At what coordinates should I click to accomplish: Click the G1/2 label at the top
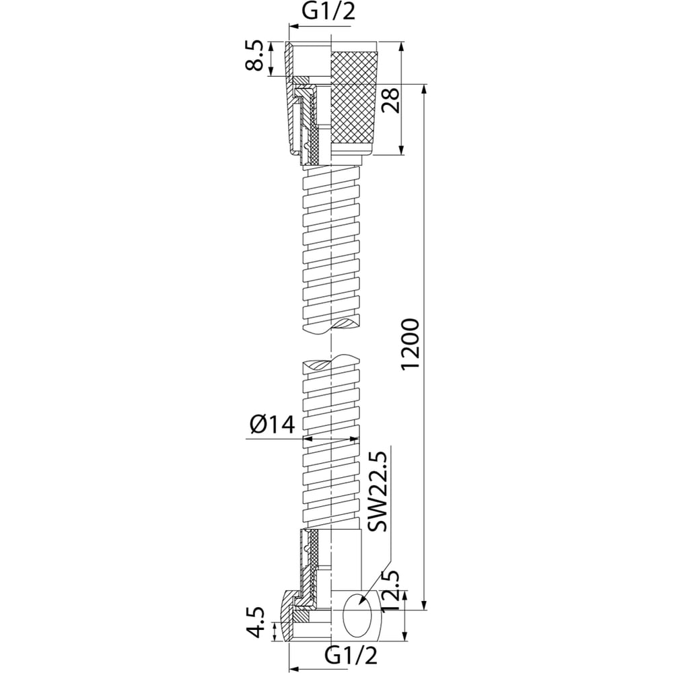pos(328,12)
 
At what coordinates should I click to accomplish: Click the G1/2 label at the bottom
pos(351,656)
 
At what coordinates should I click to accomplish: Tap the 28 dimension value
pos(391,100)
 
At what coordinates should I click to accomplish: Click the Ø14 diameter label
pos(272,425)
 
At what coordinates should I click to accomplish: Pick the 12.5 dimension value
pos(390,592)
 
